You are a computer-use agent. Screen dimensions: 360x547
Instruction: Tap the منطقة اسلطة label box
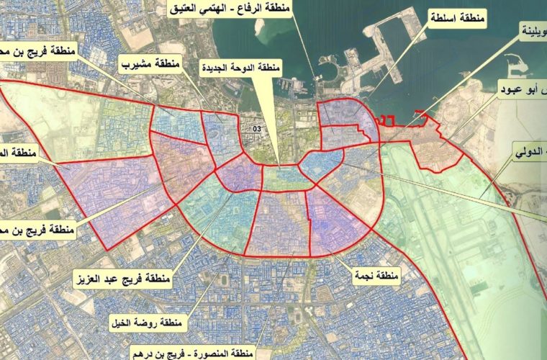point(456,15)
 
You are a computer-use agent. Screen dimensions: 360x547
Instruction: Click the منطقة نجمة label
point(374,274)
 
